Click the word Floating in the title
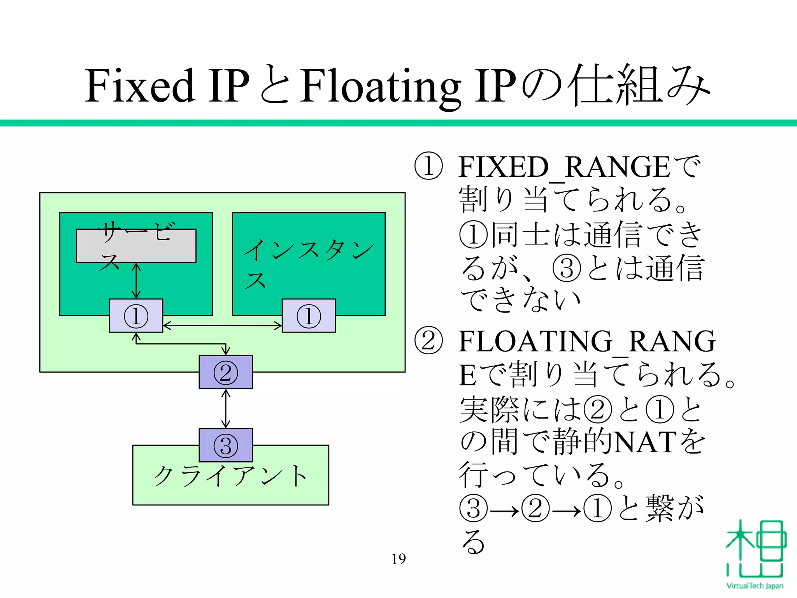coord(380,86)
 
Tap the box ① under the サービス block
coord(136,316)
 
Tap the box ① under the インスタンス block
coord(309,316)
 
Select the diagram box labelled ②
coord(226,372)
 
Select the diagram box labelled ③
coord(226,445)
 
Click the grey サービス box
coord(136,246)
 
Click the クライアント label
coord(230,476)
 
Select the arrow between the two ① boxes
coord(222,325)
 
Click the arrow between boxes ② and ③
coord(226,409)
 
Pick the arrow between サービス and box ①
coord(136,281)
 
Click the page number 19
coord(398,559)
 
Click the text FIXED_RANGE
coord(564,167)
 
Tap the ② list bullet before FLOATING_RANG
coord(428,341)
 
